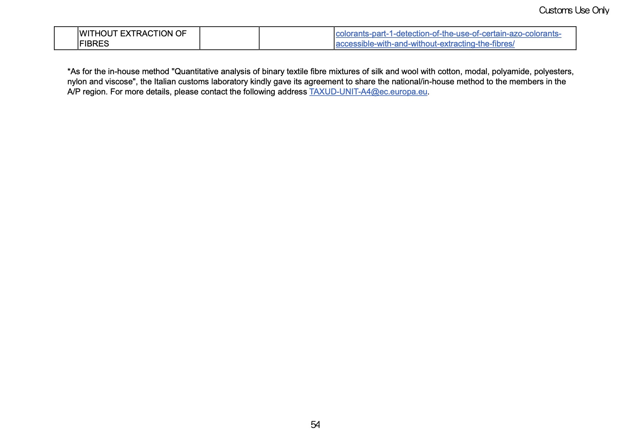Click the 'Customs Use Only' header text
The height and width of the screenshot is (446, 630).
coord(573,10)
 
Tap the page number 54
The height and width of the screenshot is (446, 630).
coord(315,425)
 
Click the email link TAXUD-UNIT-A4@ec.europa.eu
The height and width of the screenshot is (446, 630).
coord(368,92)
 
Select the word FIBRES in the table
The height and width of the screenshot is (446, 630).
coord(94,44)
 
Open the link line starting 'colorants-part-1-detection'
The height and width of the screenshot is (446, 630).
coord(448,34)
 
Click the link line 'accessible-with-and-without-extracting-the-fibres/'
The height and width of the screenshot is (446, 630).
coord(425,44)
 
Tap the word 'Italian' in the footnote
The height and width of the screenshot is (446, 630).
coord(165,82)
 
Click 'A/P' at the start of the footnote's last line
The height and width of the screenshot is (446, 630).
coord(74,92)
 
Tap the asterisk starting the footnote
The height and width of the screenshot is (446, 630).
coord(69,71)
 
